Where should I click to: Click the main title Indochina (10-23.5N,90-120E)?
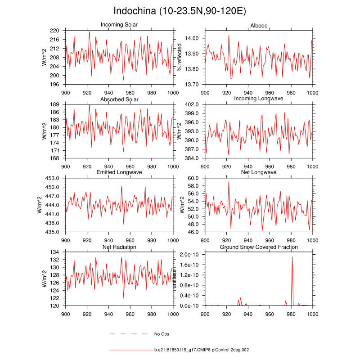pos(180,11)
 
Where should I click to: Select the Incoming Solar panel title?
pos(119,25)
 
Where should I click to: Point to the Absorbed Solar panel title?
pos(119,99)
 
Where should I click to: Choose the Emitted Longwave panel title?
pos(119,172)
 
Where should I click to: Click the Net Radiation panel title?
pos(119,247)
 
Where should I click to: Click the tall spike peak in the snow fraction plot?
pos(292,257)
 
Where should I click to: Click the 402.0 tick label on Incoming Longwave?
pos(192,104)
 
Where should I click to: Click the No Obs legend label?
pos(161,334)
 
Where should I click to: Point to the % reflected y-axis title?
pos(180,57)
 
